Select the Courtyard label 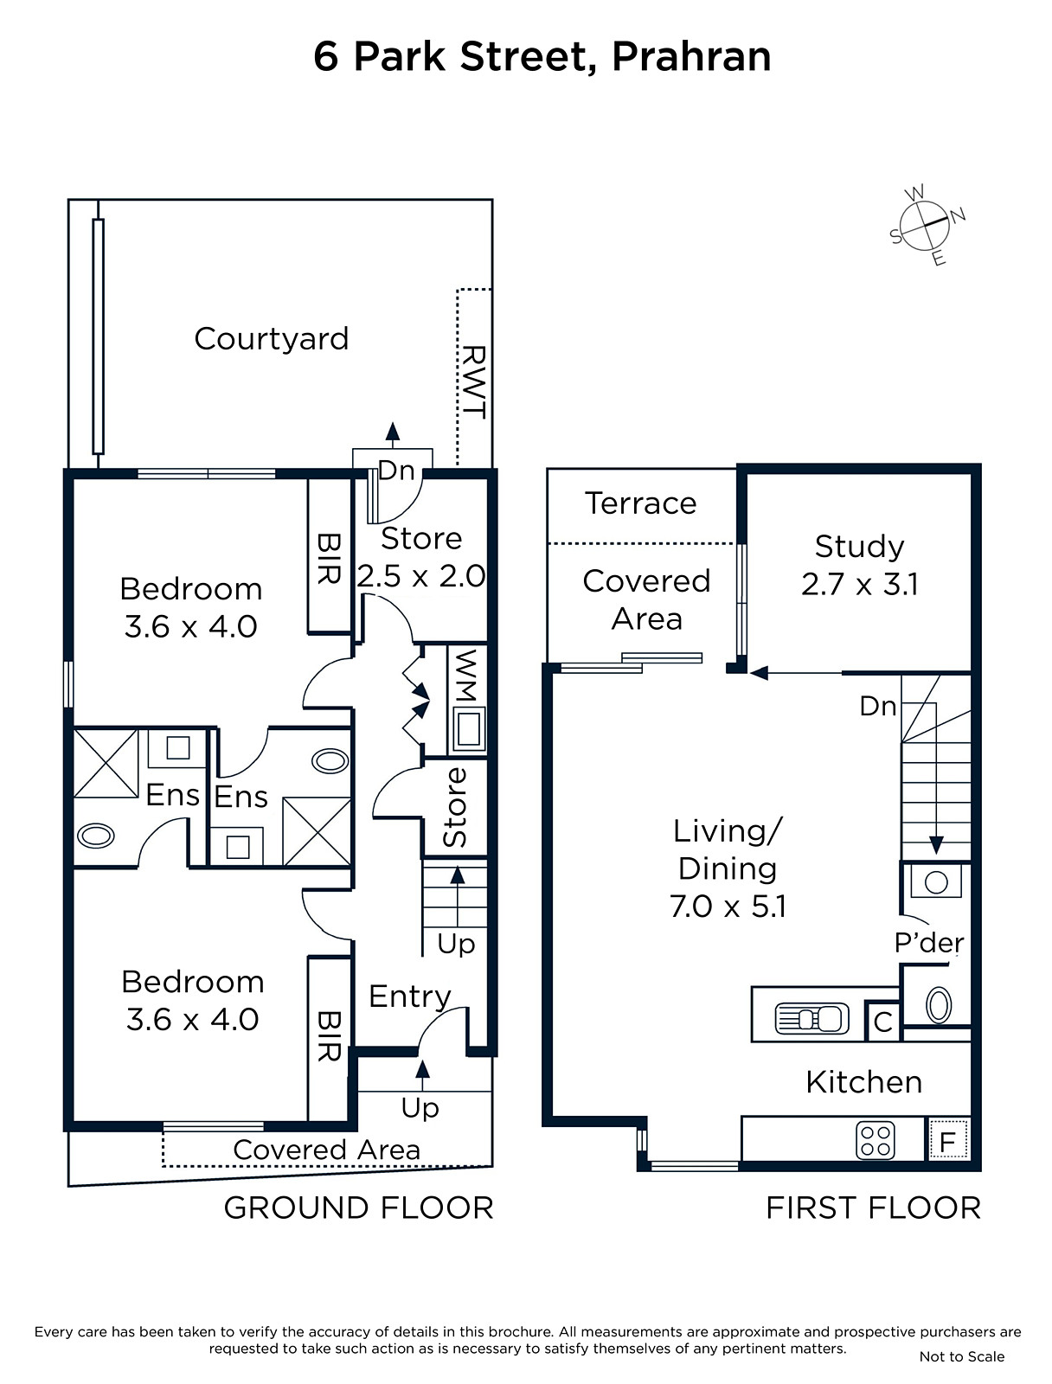point(271,338)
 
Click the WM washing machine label point(465,676)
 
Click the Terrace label point(641,503)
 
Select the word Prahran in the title point(691,57)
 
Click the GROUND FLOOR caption point(359,1208)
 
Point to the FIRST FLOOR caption point(873,1208)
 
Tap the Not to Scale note point(962,1356)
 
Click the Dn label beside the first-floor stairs point(877,706)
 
